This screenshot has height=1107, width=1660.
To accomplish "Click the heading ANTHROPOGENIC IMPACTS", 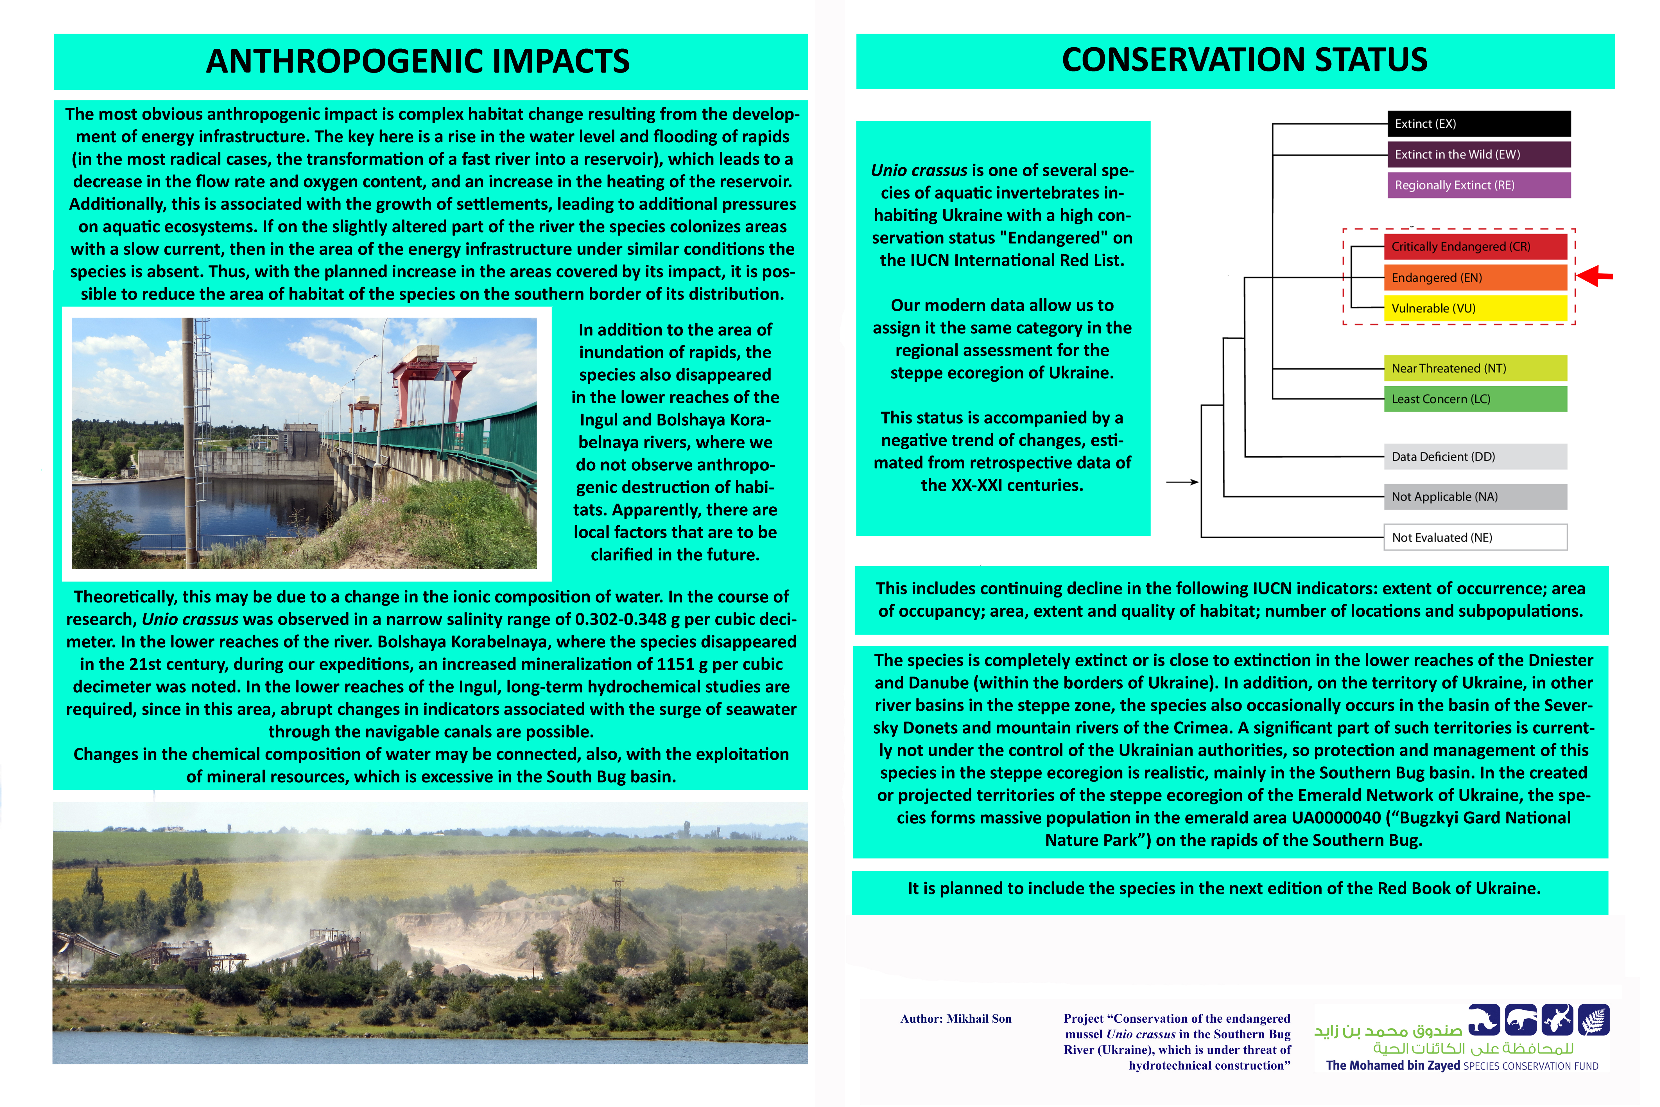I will [418, 61].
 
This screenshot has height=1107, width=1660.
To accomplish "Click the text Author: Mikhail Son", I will [956, 1019].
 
